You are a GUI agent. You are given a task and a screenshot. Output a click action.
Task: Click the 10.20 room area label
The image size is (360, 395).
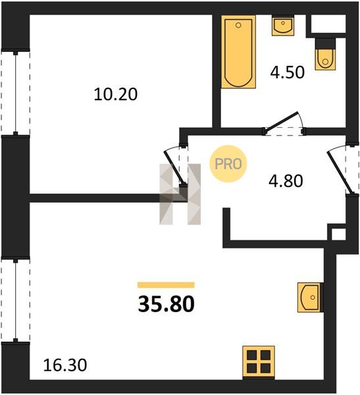click(x=116, y=94)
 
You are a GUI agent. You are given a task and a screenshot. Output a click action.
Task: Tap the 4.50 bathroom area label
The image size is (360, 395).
click(x=287, y=72)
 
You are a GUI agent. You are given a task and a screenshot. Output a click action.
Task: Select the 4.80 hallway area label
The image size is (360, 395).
click(x=286, y=181)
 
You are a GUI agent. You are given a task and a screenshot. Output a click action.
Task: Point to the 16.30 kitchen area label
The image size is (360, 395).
click(x=65, y=365)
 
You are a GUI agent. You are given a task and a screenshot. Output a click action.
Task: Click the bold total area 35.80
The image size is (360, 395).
click(x=167, y=304)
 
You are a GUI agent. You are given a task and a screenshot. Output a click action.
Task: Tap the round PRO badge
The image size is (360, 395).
click(x=228, y=164)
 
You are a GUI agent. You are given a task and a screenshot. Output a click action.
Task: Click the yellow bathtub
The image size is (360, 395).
click(x=238, y=52)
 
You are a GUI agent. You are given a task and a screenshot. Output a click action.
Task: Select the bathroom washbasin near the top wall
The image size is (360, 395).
click(x=283, y=26)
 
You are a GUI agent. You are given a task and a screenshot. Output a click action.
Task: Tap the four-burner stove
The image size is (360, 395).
click(x=259, y=362)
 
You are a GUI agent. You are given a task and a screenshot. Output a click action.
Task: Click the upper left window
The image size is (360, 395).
click(x=16, y=93)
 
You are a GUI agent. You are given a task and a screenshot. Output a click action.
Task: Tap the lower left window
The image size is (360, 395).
click(x=16, y=301)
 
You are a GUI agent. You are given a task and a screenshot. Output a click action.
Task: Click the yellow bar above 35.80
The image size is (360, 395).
click(x=166, y=285)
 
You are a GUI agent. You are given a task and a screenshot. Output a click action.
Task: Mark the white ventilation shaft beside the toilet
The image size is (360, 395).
click(x=328, y=24)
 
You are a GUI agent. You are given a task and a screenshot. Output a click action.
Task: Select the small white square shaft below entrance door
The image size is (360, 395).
click(x=338, y=235)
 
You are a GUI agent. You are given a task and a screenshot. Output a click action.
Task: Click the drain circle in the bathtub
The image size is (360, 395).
click(x=238, y=25)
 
